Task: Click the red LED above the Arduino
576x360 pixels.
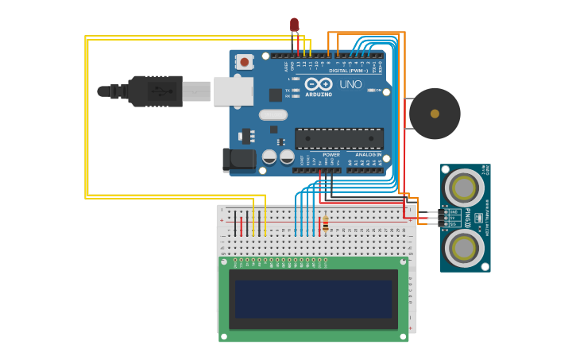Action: [294, 25]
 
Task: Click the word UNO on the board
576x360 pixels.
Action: [350, 84]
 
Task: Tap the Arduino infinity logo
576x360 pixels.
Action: [318, 83]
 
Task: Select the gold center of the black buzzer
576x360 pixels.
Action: [435, 114]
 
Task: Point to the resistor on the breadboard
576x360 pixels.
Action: [325, 223]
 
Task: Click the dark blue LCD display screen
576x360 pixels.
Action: [313, 298]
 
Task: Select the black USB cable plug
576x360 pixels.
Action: [155, 91]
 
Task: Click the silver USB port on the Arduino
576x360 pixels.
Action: [233, 91]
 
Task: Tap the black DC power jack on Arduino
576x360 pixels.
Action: [238, 160]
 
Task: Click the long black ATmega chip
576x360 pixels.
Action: [339, 138]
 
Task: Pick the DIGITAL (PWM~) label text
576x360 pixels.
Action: [348, 71]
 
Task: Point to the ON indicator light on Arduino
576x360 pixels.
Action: [371, 90]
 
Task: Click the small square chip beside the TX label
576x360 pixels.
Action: [276, 95]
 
